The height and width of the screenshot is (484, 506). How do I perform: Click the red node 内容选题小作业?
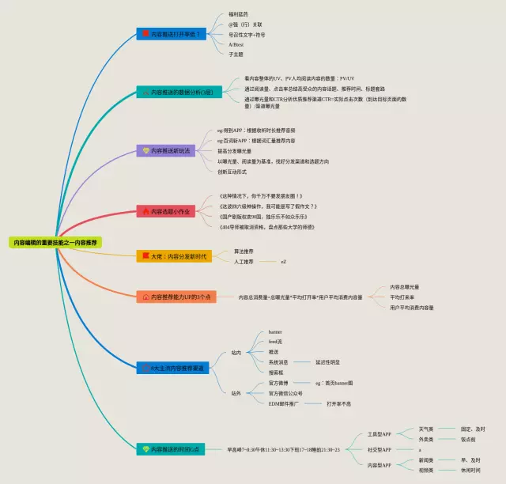pos(167,211)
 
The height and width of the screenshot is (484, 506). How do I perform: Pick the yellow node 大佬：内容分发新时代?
pos(173,256)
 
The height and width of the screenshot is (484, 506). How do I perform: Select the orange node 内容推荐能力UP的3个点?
pos(176,297)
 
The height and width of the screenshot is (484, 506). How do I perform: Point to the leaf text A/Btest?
pos(236,44)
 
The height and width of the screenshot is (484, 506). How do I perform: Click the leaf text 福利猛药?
pos(237,15)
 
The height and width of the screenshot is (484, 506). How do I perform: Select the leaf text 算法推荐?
pos(244,251)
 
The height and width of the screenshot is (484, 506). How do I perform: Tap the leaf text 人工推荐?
pos(244,261)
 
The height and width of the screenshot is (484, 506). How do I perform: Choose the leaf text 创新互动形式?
pos(232,171)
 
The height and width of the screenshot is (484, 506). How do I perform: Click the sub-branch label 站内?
pos(236,353)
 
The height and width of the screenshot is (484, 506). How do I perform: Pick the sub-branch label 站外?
pos(236,393)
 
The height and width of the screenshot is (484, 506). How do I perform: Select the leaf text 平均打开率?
pos(403,297)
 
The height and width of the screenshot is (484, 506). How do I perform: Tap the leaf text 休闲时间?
pos(471,470)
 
